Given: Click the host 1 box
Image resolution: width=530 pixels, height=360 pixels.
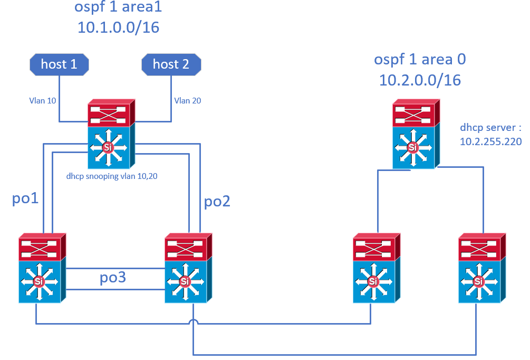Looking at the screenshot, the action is pos(59,64).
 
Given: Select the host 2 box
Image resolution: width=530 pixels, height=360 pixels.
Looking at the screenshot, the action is pos(171,64).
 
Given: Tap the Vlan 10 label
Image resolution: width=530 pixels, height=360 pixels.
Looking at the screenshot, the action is pos(43,100).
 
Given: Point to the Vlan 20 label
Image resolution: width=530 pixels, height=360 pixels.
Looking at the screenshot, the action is pos(188,100).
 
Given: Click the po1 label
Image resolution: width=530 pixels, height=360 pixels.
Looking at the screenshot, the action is pos(25,198).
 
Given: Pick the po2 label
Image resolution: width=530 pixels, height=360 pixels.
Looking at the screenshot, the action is pos(217,202).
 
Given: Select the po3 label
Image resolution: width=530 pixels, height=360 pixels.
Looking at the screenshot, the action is pos(113,278).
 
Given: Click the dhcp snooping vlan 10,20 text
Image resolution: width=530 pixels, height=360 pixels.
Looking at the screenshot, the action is pos(112,176).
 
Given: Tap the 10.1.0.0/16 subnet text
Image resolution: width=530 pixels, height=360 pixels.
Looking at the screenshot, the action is pos(118,27).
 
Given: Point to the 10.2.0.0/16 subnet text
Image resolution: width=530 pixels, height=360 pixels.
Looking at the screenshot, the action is pos(420,81).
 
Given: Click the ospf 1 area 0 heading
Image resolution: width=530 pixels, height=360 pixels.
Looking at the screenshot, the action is pos(420,60).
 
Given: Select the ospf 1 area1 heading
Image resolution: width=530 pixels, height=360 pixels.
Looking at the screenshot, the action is pos(118,7).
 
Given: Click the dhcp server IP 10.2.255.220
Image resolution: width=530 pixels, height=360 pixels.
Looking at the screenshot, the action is pos(491,141).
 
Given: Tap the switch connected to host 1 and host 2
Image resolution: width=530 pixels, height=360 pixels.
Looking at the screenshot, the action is pos(112,134).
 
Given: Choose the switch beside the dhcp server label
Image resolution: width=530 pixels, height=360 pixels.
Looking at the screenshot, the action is pos(416,134).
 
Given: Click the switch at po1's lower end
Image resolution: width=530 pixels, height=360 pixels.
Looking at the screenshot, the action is pos(42,268).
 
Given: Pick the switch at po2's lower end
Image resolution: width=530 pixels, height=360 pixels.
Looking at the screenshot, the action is pos(188,268).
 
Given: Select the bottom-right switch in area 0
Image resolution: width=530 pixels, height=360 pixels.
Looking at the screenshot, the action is pos(482,268).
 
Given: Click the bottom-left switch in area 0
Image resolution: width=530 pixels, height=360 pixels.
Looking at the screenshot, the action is pos(377,268).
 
